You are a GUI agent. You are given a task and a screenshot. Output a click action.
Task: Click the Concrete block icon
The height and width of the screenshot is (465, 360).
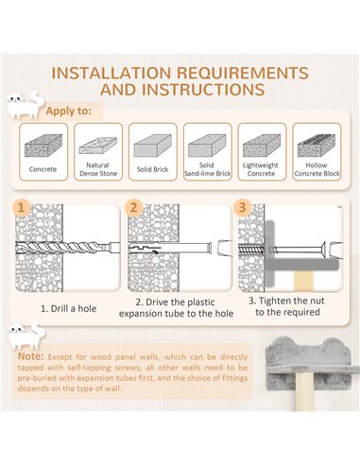coord(43,146)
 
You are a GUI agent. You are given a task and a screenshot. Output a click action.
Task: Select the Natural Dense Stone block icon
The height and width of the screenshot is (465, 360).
coord(98,146)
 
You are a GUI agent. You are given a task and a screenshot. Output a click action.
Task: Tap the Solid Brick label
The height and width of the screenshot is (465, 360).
coord(152,169)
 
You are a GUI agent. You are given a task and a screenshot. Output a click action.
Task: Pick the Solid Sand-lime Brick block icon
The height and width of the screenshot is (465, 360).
coord(207,146)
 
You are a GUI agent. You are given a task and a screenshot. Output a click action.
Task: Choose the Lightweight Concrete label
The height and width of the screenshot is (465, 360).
coord(261,169)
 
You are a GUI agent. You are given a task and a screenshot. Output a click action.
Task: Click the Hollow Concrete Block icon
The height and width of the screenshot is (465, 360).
coord(317,146)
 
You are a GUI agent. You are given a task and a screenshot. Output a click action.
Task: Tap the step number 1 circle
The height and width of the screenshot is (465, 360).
coord(21,208)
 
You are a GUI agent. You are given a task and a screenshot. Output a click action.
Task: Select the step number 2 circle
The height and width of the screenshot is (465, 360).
coord(133,208)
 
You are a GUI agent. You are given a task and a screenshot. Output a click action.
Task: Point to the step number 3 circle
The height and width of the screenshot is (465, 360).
coord(242,208)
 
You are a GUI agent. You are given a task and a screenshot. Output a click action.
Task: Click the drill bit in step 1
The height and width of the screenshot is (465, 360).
coord(68,247)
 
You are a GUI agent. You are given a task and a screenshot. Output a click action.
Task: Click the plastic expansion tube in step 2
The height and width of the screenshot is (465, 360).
coord(170,248)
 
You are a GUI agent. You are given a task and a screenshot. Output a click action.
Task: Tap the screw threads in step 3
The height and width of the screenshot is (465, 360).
coord(251,250)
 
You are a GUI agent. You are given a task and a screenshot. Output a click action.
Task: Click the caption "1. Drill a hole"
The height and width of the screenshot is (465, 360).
coord(68,308)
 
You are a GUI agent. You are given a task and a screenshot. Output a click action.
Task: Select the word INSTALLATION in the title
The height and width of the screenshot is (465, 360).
coord(111,73)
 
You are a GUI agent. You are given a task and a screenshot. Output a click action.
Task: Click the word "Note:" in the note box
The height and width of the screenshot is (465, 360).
coord(30,356)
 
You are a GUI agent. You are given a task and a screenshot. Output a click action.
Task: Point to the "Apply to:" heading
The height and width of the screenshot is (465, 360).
coord(69,111)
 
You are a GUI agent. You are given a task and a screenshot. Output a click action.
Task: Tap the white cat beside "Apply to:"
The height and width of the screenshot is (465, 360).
coord(26,105)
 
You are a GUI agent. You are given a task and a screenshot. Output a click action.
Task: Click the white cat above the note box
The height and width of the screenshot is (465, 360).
coord(26,336)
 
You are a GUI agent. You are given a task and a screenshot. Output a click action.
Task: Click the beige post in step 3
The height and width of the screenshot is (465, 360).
coord(304,281)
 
